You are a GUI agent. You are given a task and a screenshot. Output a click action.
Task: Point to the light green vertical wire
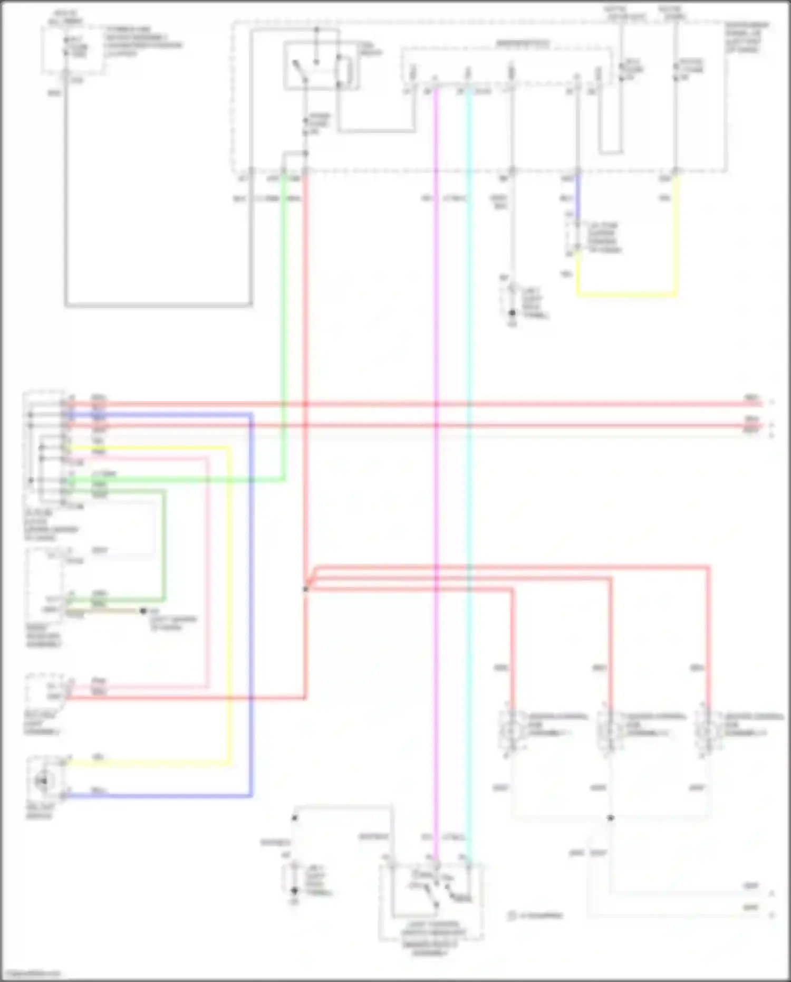coord(284,317)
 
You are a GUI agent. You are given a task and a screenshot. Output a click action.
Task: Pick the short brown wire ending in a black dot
coord(105,611)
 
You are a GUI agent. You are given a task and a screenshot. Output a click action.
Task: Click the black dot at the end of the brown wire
coord(143,611)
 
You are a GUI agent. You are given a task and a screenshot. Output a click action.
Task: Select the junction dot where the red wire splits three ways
coord(306,588)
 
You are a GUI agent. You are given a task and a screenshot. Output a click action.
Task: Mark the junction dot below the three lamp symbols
coord(610,818)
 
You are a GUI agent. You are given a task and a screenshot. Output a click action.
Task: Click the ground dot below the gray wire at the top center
coord(512,313)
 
